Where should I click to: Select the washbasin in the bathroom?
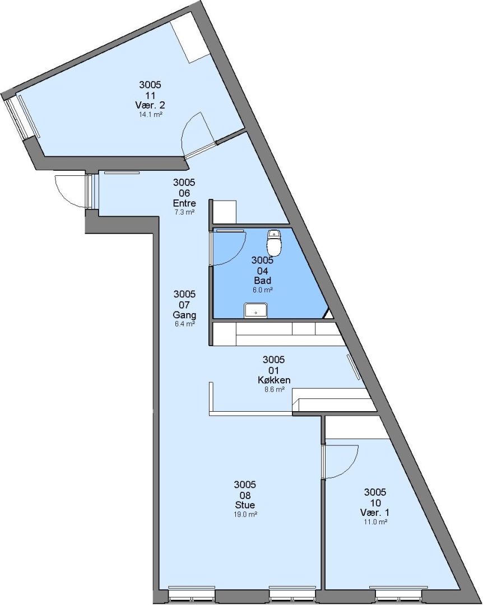coord(256,310)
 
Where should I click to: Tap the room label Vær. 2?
coord(150,105)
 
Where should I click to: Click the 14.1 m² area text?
coord(150,115)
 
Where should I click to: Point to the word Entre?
coord(184,203)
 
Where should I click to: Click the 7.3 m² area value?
coord(184,212)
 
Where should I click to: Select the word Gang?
coord(184,315)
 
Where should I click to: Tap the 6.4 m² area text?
coord(184,324)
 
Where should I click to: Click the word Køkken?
coord(274,380)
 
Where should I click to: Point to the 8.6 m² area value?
coord(274,390)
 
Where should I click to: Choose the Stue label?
coord(245,505)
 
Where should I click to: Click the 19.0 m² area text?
coord(245,514)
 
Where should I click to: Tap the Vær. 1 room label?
coord(375,513)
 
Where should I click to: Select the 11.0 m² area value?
coord(375,522)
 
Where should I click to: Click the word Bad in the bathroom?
coord(262,281)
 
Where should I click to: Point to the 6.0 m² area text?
coord(262,290)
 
